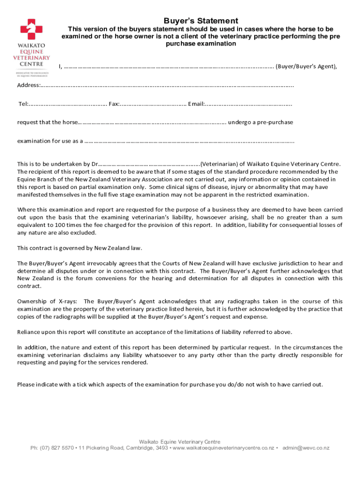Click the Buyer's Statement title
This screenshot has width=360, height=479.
[201, 21]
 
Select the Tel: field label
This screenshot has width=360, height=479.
[23, 104]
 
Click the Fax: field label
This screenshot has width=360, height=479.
[114, 104]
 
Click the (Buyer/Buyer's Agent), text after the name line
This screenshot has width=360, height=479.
[306, 66]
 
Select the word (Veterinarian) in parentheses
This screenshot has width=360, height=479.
[220, 164]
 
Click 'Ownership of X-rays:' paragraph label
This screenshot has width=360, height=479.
[48, 301]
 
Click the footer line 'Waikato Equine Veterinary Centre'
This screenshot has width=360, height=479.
[180, 442]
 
